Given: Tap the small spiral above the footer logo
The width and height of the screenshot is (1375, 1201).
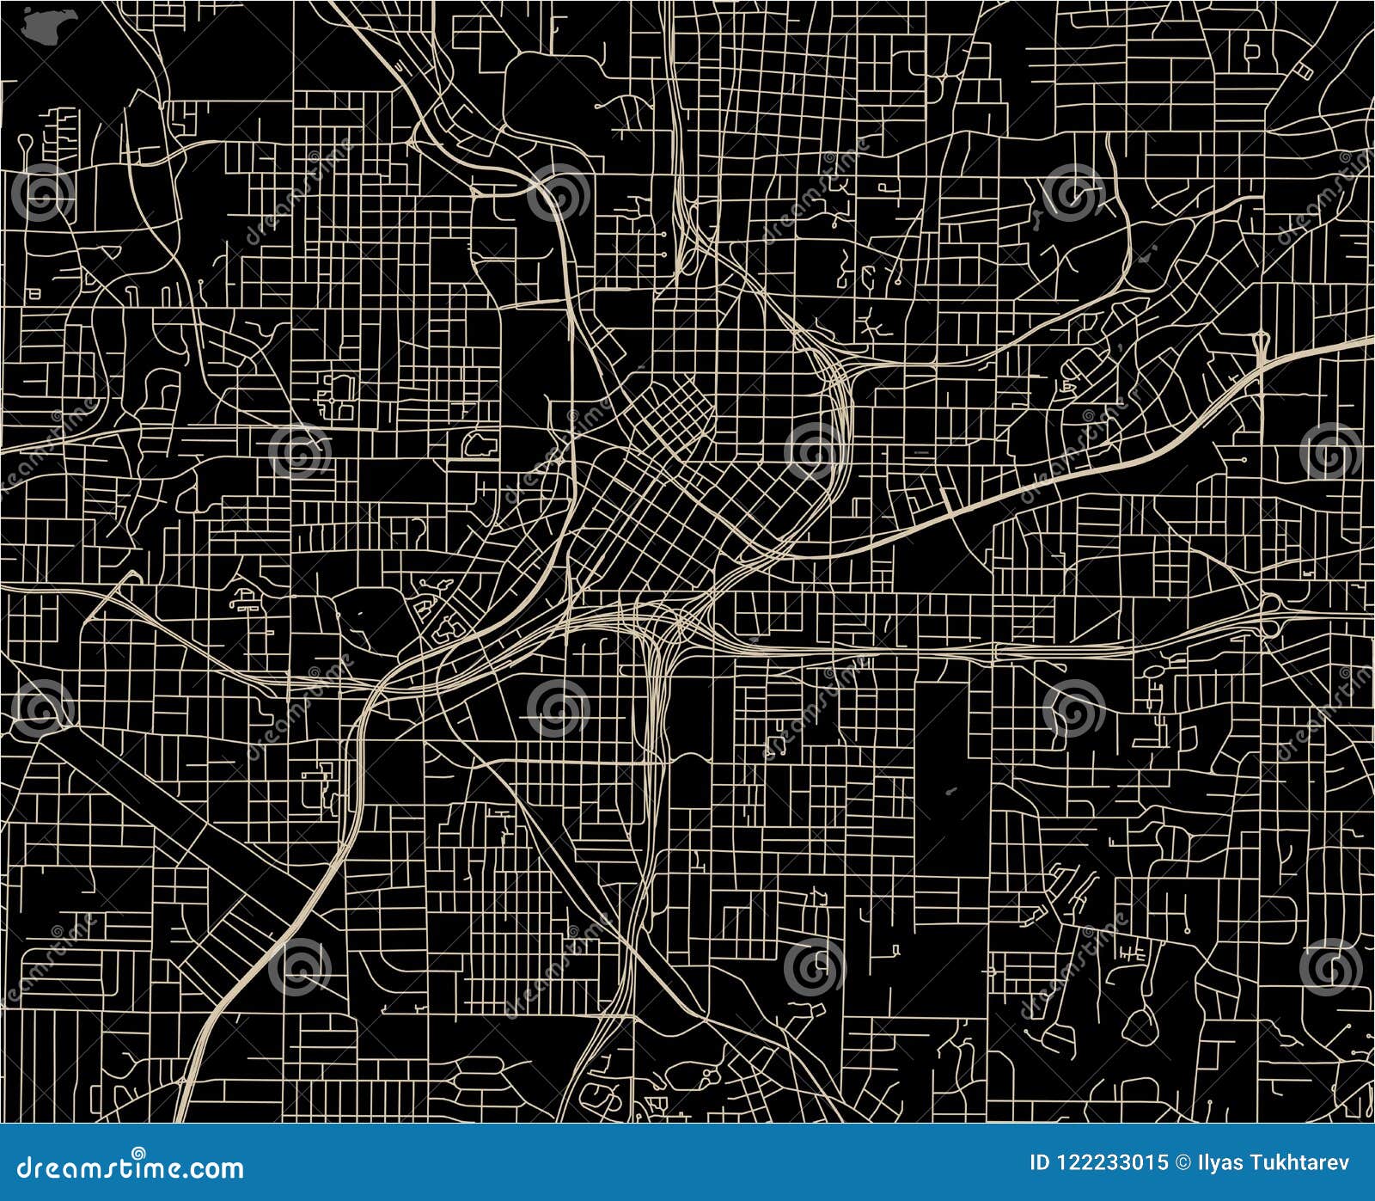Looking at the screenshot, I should [x=138, y=1152].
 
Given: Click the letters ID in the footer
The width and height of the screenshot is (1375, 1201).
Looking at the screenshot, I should [x=1039, y=1163].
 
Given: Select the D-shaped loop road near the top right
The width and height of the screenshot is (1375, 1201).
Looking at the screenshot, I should [x=1251, y=52].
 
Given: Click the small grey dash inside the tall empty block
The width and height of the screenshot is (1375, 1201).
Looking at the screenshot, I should [x=950, y=791].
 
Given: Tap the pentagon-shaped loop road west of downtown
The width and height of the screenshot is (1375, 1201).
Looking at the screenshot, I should [x=478, y=444].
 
